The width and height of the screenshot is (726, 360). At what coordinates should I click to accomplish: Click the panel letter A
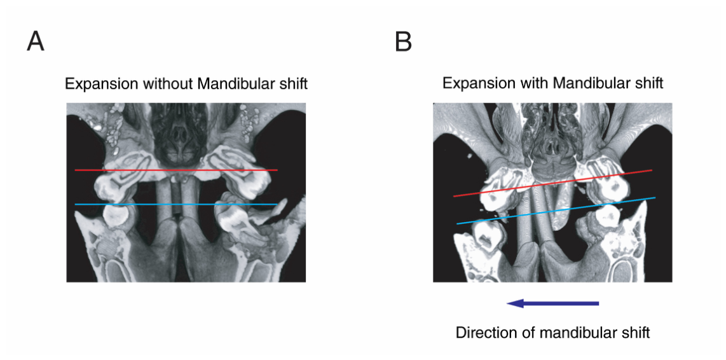[x=36, y=42]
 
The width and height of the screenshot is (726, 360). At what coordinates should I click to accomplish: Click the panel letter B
[x=403, y=42]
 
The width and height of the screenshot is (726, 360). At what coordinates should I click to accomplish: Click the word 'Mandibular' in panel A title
[x=233, y=85]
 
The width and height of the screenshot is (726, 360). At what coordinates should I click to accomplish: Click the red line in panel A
[x=176, y=170]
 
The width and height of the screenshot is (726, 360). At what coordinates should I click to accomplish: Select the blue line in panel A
[x=176, y=204]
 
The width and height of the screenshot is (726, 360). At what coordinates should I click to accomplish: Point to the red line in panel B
[x=552, y=183]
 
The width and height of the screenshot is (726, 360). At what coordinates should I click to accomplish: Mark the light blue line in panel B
[x=556, y=211]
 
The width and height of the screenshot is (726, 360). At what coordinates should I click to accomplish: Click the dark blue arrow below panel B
[x=553, y=303]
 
